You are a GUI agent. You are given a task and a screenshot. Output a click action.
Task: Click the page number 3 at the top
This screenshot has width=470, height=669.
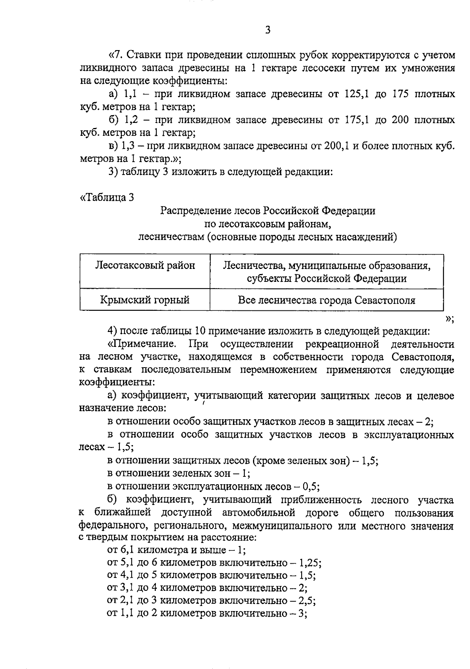click(x=268, y=30)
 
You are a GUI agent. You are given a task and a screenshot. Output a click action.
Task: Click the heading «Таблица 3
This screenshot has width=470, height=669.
click(x=107, y=197)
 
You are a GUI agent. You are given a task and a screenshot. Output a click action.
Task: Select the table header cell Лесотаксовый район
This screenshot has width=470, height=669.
click(x=145, y=266)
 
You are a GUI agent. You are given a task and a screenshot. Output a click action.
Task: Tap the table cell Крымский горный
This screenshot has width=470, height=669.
click(x=145, y=300)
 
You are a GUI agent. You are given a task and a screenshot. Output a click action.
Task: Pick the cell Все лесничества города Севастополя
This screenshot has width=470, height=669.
click(x=327, y=300)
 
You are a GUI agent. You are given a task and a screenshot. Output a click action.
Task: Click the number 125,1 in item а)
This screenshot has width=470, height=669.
click(x=356, y=94)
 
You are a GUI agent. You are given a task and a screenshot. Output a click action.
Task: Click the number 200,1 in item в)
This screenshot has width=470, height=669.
click(x=336, y=146)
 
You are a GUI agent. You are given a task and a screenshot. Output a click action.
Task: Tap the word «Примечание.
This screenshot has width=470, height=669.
click(x=142, y=344)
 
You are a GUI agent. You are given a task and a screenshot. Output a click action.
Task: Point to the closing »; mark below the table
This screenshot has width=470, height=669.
click(x=449, y=319)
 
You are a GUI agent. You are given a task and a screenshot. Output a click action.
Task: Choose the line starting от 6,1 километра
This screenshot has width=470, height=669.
click(x=176, y=550)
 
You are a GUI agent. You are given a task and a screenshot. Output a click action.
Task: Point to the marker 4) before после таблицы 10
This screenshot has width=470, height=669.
click(x=113, y=331)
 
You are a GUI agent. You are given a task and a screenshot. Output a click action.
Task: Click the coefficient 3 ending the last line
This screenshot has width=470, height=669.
click(x=302, y=613)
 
